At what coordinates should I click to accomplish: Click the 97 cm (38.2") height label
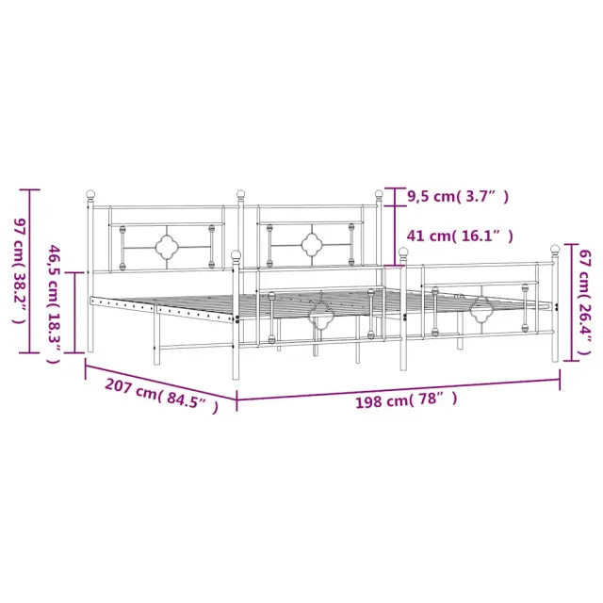point(20,271)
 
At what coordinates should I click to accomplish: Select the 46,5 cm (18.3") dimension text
point(54,304)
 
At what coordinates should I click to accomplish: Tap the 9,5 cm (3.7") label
point(458,197)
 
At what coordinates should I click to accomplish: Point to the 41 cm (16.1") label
point(460,236)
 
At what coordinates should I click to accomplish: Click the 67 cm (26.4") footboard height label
point(584,301)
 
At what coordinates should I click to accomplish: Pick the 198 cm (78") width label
point(406,399)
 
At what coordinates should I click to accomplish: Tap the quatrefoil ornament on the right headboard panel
point(312,245)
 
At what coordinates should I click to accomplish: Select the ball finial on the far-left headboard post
point(90,194)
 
